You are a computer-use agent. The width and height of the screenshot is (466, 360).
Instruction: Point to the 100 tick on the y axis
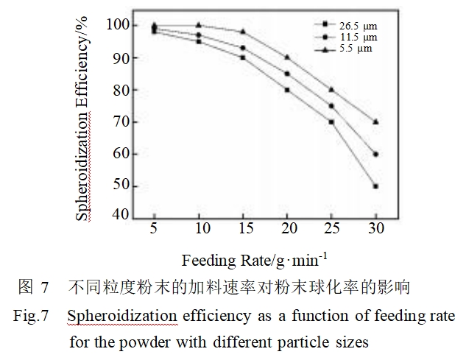[x=119, y=25]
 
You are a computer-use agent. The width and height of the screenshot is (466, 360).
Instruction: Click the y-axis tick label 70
[x=121, y=121]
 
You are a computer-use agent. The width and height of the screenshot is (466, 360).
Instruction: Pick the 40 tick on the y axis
[x=121, y=216]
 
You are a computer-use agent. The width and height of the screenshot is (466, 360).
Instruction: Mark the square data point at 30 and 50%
[x=375, y=186]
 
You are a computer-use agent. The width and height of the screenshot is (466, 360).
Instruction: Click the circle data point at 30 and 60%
[x=375, y=154]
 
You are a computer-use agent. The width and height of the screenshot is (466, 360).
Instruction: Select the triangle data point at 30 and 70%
[x=375, y=121]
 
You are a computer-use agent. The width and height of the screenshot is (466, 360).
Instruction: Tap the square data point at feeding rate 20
[x=287, y=90]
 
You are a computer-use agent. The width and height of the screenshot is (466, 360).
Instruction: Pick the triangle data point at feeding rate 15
[x=243, y=31]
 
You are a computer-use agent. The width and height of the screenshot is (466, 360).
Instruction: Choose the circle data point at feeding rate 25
[x=331, y=105]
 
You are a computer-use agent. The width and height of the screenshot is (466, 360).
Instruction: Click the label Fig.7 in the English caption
[x=31, y=317]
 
